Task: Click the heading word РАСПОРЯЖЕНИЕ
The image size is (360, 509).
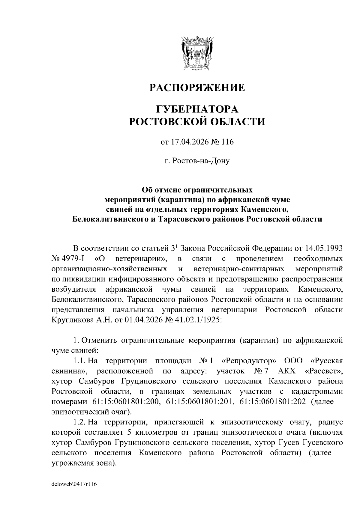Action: tap(197, 88)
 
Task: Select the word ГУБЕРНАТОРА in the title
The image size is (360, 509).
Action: tap(197, 109)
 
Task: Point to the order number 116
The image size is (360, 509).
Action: tap(227, 142)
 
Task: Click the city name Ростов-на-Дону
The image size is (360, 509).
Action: tap(197, 161)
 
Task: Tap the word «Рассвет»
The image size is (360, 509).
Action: tap(324, 371)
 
